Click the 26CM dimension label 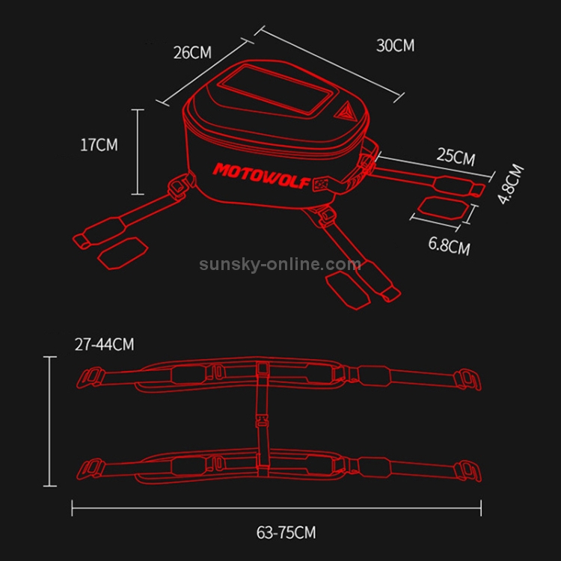[x=192, y=52]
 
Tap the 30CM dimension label [x=396, y=46]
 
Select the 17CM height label [x=99, y=145]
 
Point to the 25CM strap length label [x=456, y=157]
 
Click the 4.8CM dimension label [x=512, y=184]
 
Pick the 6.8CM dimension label [x=450, y=245]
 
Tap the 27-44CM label [x=105, y=345]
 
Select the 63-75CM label [x=286, y=533]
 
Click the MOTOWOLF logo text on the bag [x=261, y=175]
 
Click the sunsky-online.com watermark [x=280, y=264]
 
